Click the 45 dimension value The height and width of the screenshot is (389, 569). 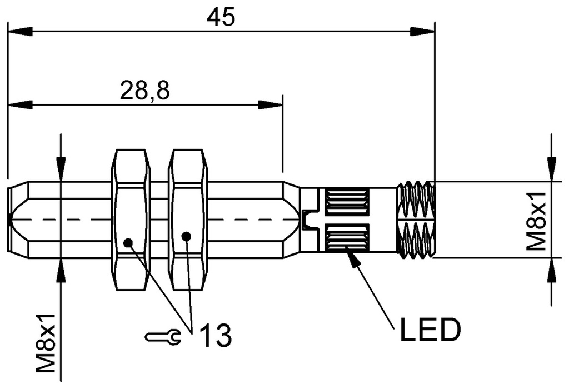(221, 17)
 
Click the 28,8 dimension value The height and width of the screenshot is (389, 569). (144, 91)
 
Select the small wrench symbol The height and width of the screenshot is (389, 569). (163, 336)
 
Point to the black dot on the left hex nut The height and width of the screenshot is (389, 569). (128, 242)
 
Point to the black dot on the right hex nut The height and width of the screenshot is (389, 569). (187, 237)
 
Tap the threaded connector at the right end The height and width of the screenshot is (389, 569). (416, 219)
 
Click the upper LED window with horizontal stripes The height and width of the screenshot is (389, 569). (347, 202)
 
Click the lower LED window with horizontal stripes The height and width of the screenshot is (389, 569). (347, 237)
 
